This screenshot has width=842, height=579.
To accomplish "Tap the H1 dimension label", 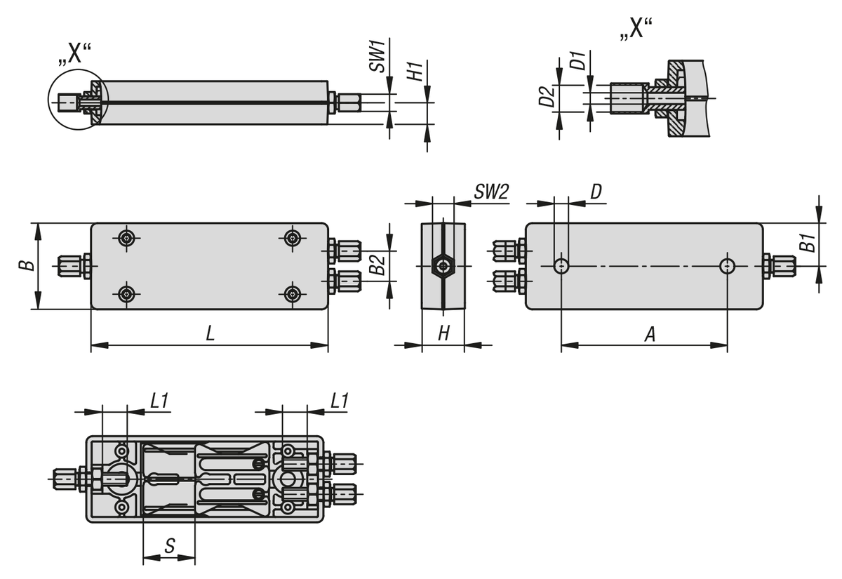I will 415,71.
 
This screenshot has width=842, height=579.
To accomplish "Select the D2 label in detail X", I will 547,96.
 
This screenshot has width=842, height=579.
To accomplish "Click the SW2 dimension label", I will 490,192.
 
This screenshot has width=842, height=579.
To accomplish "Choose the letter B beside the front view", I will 25,266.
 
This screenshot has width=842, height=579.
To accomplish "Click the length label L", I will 210,335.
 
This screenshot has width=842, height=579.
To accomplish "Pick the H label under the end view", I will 443,334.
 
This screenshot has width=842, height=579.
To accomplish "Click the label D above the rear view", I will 596,192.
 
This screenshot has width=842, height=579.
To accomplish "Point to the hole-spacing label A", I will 650,335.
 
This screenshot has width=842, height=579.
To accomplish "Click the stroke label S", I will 169,546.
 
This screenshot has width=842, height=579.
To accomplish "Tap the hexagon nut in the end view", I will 443,266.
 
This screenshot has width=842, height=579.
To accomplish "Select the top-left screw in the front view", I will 126,239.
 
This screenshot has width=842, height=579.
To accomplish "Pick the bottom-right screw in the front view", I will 293,293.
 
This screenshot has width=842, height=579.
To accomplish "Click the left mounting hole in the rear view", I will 561,266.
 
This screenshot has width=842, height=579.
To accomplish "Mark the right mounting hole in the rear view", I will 728,266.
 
